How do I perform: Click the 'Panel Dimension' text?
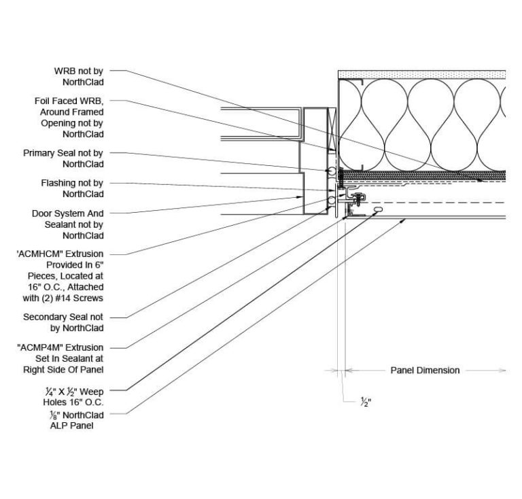pos(425,371)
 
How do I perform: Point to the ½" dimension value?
pos(365,401)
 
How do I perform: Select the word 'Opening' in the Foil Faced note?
pos(58,123)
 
